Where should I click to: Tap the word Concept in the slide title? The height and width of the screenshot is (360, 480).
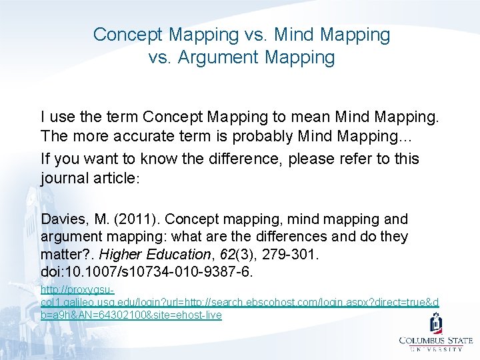126,34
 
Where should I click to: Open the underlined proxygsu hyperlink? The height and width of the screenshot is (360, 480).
239,303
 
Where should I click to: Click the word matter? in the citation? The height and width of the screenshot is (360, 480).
64,254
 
